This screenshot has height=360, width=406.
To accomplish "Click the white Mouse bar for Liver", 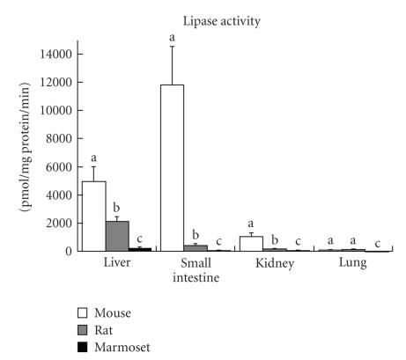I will click(x=93, y=216).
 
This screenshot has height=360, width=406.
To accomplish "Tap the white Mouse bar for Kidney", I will click(x=251, y=243).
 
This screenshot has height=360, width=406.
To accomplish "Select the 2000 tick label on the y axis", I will click(x=60, y=223).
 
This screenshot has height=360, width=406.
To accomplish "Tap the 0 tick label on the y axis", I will click(x=70, y=251).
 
